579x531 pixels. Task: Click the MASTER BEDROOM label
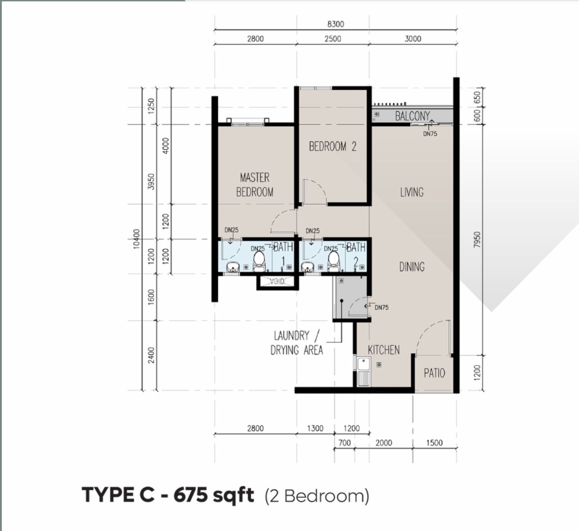click(x=255, y=185)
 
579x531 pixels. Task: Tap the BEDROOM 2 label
click(x=332, y=147)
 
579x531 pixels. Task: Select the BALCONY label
click(x=412, y=116)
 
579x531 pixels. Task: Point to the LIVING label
click(x=411, y=192)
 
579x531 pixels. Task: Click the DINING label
click(x=412, y=267)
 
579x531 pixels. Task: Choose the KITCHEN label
click(x=384, y=350)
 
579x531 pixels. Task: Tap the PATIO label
click(x=434, y=373)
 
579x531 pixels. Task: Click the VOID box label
click(x=277, y=282)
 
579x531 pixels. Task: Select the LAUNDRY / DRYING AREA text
click(x=297, y=343)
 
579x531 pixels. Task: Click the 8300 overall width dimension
click(x=336, y=24)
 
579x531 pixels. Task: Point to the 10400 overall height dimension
click(x=136, y=239)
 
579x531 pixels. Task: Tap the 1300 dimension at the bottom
click(x=315, y=428)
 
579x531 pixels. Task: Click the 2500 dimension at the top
click(x=332, y=39)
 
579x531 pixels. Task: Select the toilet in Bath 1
click(x=259, y=261)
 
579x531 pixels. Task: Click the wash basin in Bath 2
click(x=308, y=267)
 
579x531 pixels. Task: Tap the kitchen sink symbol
click(x=364, y=371)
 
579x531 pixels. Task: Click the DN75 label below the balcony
click(x=430, y=133)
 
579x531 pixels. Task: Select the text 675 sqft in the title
click(x=213, y=495)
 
